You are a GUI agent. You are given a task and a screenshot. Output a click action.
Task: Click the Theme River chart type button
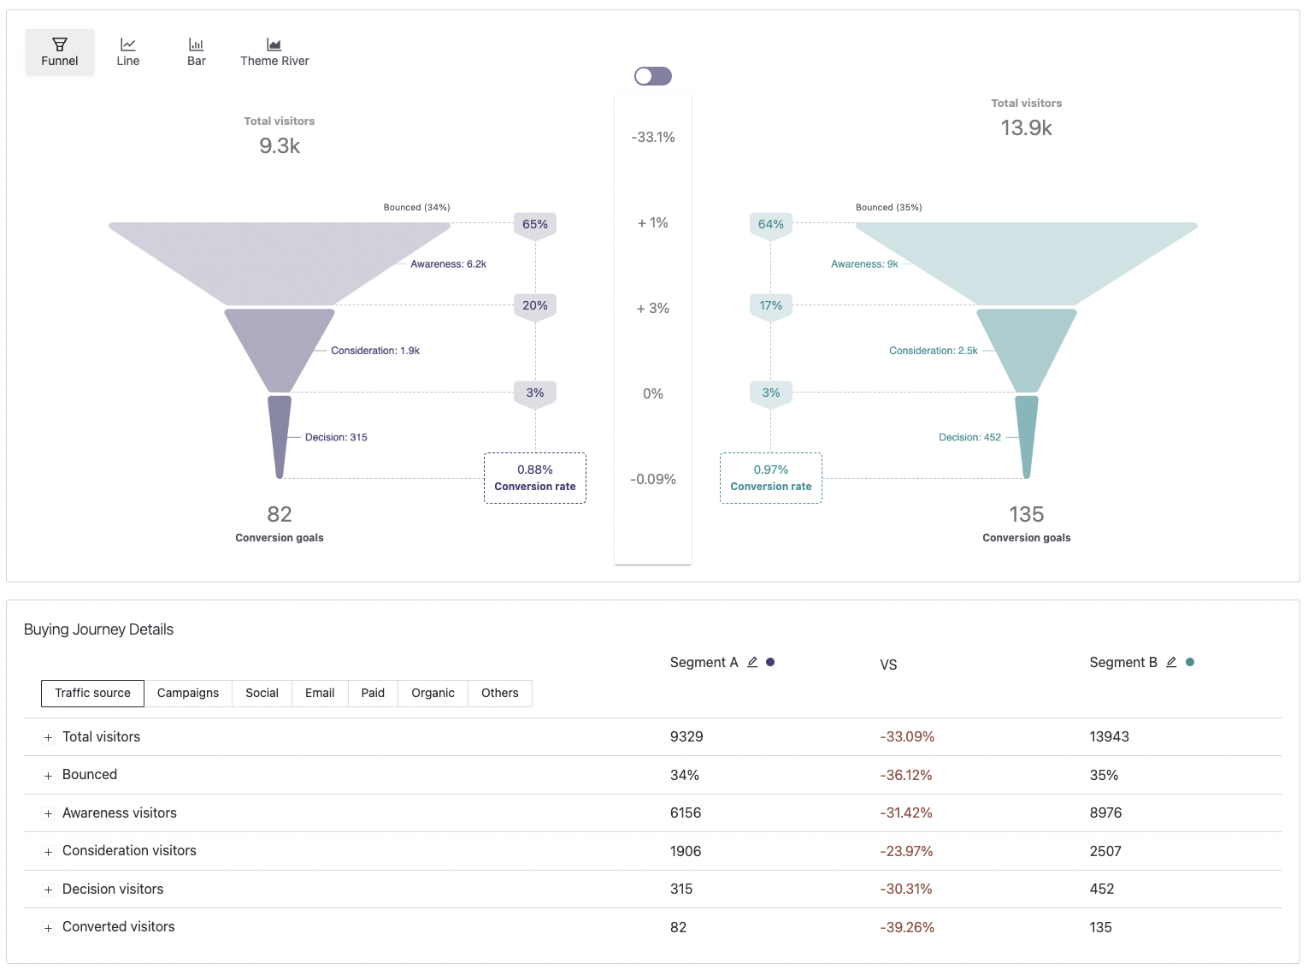pos(274,52)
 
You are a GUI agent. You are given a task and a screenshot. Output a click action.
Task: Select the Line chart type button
pos(128,52)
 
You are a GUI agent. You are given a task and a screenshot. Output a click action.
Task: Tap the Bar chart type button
pos(197,52)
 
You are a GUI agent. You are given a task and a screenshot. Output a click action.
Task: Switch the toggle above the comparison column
pos(653,76)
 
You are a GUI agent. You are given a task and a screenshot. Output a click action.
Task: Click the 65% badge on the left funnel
pos(535,224)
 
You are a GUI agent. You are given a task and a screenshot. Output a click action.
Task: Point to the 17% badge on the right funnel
pos(771,305)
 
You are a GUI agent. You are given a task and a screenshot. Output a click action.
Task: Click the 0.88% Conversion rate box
pos(535,478)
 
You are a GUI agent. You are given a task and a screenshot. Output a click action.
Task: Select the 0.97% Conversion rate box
pos(771,478)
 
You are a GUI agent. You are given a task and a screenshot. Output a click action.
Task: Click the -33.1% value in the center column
pos(653,137)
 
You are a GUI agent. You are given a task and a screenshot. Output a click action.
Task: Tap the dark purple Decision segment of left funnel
pos(280,432)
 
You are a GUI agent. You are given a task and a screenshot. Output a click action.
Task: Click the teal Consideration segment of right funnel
pos(1026,346)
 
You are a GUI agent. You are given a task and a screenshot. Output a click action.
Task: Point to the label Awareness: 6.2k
pos(448,264)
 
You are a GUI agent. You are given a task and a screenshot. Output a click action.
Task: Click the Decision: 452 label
pos(969,437)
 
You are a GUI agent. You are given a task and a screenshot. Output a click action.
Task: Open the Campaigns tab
pos(188,693)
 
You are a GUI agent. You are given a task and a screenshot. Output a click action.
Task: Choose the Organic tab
pos(433,693)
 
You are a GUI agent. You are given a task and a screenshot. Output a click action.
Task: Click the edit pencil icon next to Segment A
pos(752,662)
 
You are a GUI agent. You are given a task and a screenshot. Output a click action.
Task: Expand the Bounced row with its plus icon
pos(49,776)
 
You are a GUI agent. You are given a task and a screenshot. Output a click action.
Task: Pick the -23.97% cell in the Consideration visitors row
pos(906,851)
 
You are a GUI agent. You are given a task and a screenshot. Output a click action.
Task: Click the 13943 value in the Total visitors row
pos(1109,736)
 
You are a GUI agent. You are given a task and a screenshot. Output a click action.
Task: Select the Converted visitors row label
pos(119,927)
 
